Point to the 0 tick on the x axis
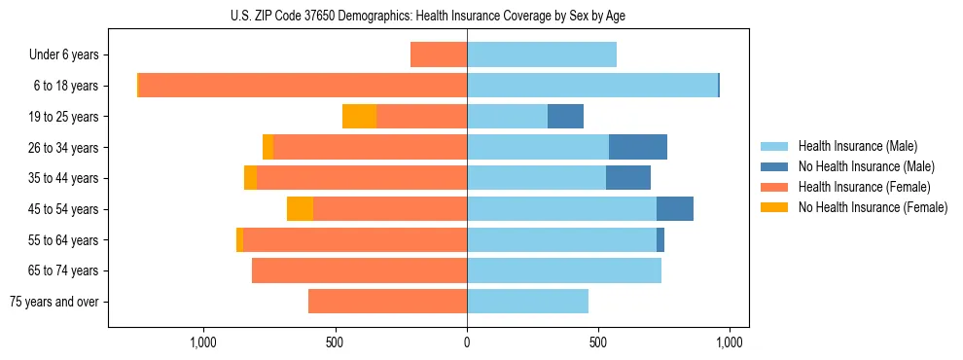(x=467, y=342)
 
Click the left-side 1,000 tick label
(x=203, y=342)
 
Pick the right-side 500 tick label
(x=598, y=342)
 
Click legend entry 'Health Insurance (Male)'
(x=857, y=146)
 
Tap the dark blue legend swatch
(x=774, y=166)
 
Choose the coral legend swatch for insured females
(x=774, y=187)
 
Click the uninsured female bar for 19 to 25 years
(x=359, y=117)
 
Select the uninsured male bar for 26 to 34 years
(x=638, y=147)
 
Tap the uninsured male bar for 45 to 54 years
(x=675, y=209)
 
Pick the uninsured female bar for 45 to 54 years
(x=300, y=209)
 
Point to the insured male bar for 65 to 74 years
(x=564, y=270)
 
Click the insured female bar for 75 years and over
(x=387, y=302)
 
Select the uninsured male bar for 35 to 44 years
(x=628, y=178)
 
